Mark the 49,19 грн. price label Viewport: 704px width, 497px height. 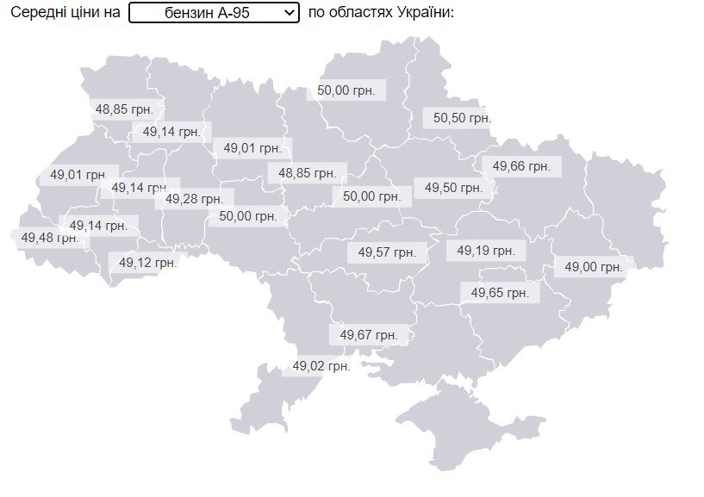pos(486,251)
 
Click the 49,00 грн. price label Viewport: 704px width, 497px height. pos(594,268)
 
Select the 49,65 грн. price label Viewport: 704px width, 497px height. pos(500,293)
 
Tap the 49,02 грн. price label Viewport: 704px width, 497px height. pos(321,366)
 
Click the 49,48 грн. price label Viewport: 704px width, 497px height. pos(49,237)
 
